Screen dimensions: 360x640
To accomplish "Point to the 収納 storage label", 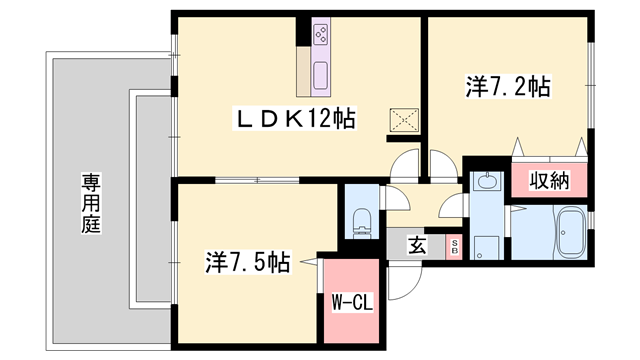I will pos(549,180).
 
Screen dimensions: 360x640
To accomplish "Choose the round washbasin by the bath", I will pos(487,181).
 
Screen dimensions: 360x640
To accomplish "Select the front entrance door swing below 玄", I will pos(404,286).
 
